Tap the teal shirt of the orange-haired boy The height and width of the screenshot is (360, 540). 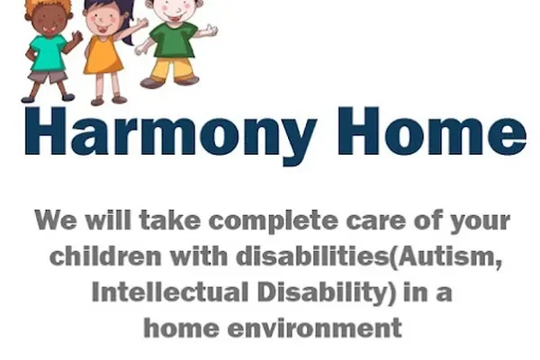pos(47,53)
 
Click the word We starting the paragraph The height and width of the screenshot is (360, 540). pos(53,221)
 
